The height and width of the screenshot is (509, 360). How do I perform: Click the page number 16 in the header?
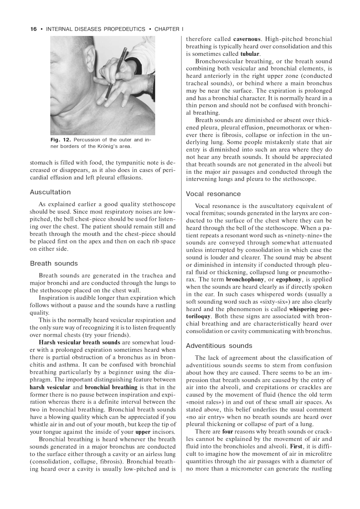click(33, 29)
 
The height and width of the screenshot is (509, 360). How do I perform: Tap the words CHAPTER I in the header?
click(169, 29)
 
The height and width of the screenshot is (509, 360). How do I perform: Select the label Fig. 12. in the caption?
click(60, 140)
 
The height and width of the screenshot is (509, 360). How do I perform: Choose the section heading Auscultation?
click(50, 192)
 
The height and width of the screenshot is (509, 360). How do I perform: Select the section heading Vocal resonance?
click(213, 194)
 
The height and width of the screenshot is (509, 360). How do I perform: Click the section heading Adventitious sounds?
click(219, 346)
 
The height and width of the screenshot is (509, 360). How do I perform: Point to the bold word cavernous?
click(247, 39)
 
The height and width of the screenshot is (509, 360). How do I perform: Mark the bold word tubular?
click(250, 54)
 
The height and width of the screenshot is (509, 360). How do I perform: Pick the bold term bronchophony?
click(245, 280)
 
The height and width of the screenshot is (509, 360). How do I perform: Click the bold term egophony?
click(289, 280)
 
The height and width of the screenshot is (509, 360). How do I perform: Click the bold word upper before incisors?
click(143, 432)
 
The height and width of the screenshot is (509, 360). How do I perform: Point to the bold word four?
click(228, 432)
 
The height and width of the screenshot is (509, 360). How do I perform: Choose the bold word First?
click(296, 446)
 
